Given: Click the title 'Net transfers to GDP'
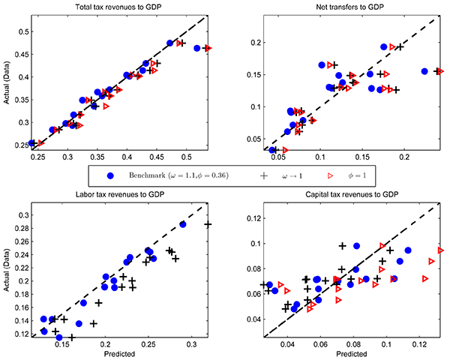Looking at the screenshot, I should (346, 7).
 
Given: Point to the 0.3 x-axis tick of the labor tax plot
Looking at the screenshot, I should (193, 344).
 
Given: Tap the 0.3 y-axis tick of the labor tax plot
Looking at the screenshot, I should (16, 215).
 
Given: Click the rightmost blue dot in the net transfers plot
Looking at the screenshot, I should (424, 71).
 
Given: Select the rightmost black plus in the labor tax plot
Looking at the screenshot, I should (208, 224).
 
